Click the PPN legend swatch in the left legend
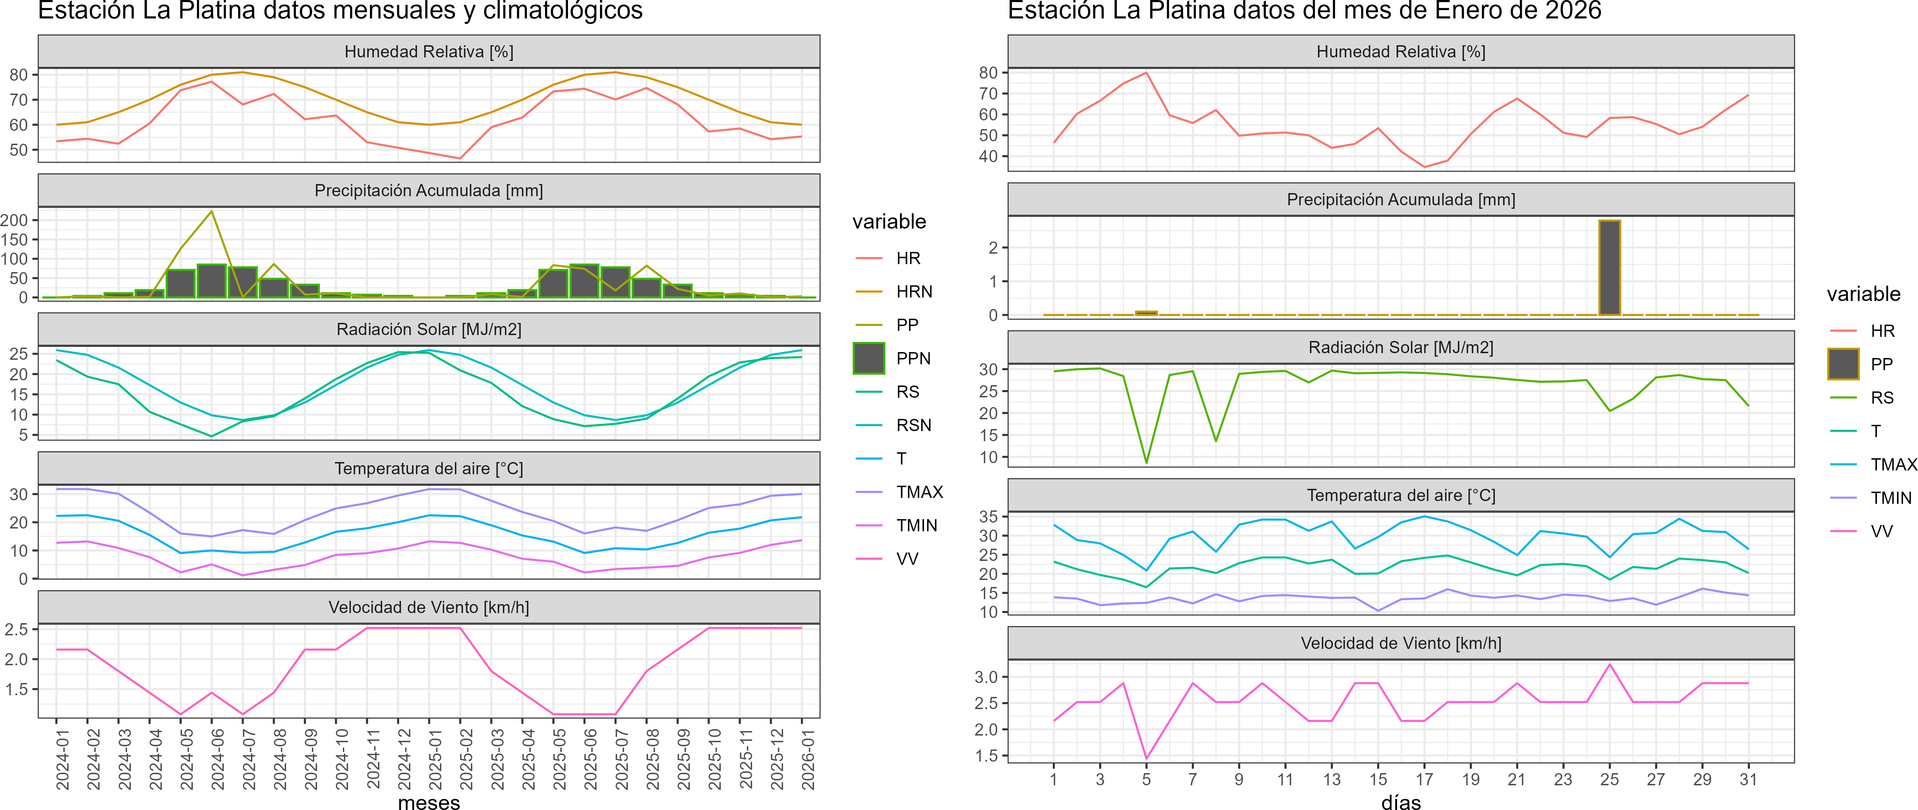point(869,358)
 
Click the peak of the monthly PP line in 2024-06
point(212,212)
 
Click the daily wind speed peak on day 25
point(1610,664)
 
